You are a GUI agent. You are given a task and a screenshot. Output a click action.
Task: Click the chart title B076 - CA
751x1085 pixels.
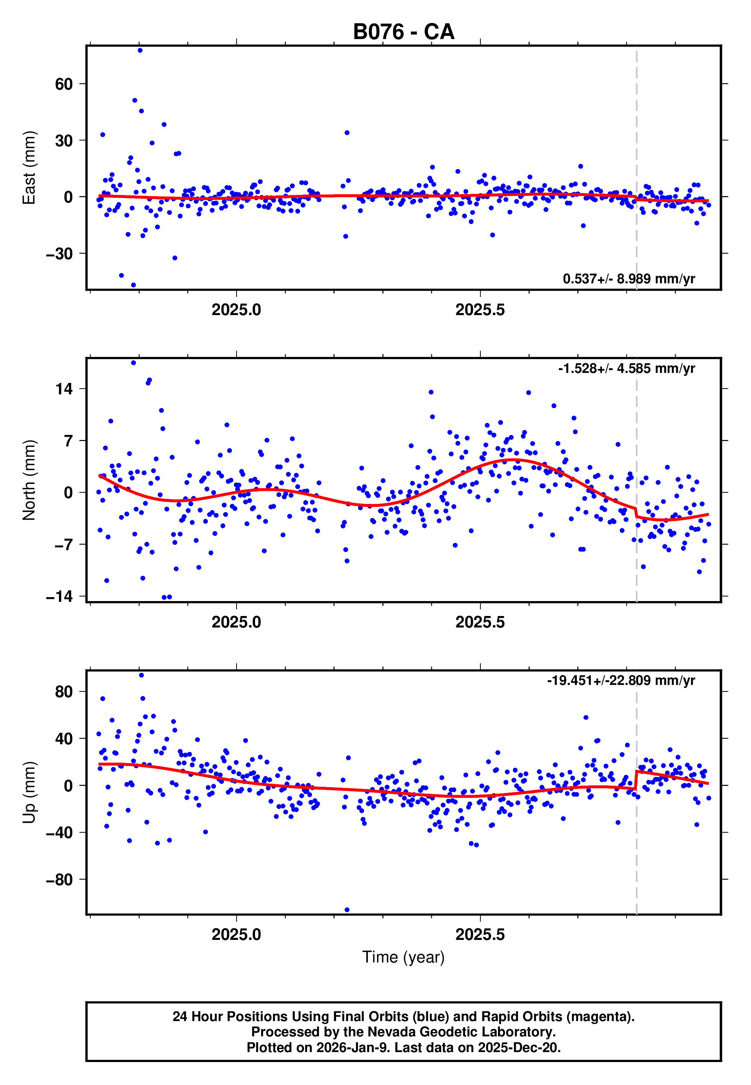(x=403, y=32)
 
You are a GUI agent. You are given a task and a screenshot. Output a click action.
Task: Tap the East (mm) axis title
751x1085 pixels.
(x=29, y=168)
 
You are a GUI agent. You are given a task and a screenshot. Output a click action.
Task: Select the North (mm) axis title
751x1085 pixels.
(x=29, y=480)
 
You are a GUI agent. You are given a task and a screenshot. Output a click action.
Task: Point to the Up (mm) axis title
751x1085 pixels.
(x=29, y=793)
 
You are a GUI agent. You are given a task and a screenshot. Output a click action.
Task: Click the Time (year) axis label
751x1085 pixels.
(x=403, y=957)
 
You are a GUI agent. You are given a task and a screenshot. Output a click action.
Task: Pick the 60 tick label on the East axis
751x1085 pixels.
(x=64, y=84)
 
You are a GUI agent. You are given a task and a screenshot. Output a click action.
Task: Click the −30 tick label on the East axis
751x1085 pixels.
(x=59, y=253)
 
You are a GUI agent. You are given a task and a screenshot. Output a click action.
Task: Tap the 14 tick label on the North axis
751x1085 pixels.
(x=64, y=389)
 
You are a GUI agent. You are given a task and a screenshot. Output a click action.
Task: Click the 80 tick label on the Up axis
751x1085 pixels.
(x=64, y=692)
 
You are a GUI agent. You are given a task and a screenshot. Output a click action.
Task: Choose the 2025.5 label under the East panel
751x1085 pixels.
(x=480, y=310)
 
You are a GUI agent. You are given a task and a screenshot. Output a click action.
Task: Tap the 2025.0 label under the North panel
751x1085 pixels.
(x=236, y=622)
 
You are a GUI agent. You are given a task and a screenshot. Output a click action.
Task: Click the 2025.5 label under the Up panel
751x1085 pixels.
(x=480, y=935)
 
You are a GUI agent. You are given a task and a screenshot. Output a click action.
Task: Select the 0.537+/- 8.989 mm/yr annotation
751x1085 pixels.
(x=629, y=279)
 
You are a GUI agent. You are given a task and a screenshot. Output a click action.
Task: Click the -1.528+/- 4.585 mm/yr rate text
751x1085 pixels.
(x=626, y=368)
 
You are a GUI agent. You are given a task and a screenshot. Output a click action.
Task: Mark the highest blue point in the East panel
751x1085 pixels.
(x=140, y=50)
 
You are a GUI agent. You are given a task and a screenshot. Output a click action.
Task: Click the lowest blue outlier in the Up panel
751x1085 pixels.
(x=347, y=910)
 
